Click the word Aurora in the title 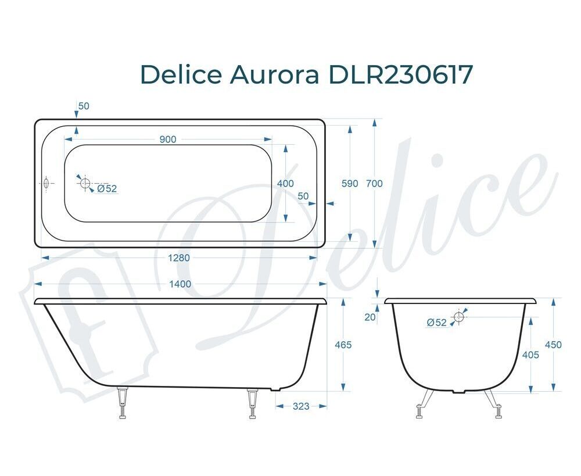coord(275,74)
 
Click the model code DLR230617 coord(401,74)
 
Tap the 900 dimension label coord(168,139)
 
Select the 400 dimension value coord(285,184)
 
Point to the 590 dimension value coord(350,184)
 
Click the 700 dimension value coord(374,184)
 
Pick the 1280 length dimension coord(179,257)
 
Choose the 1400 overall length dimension coord(180,284)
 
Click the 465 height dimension coord(343,345)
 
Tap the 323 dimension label coord(301,406)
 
